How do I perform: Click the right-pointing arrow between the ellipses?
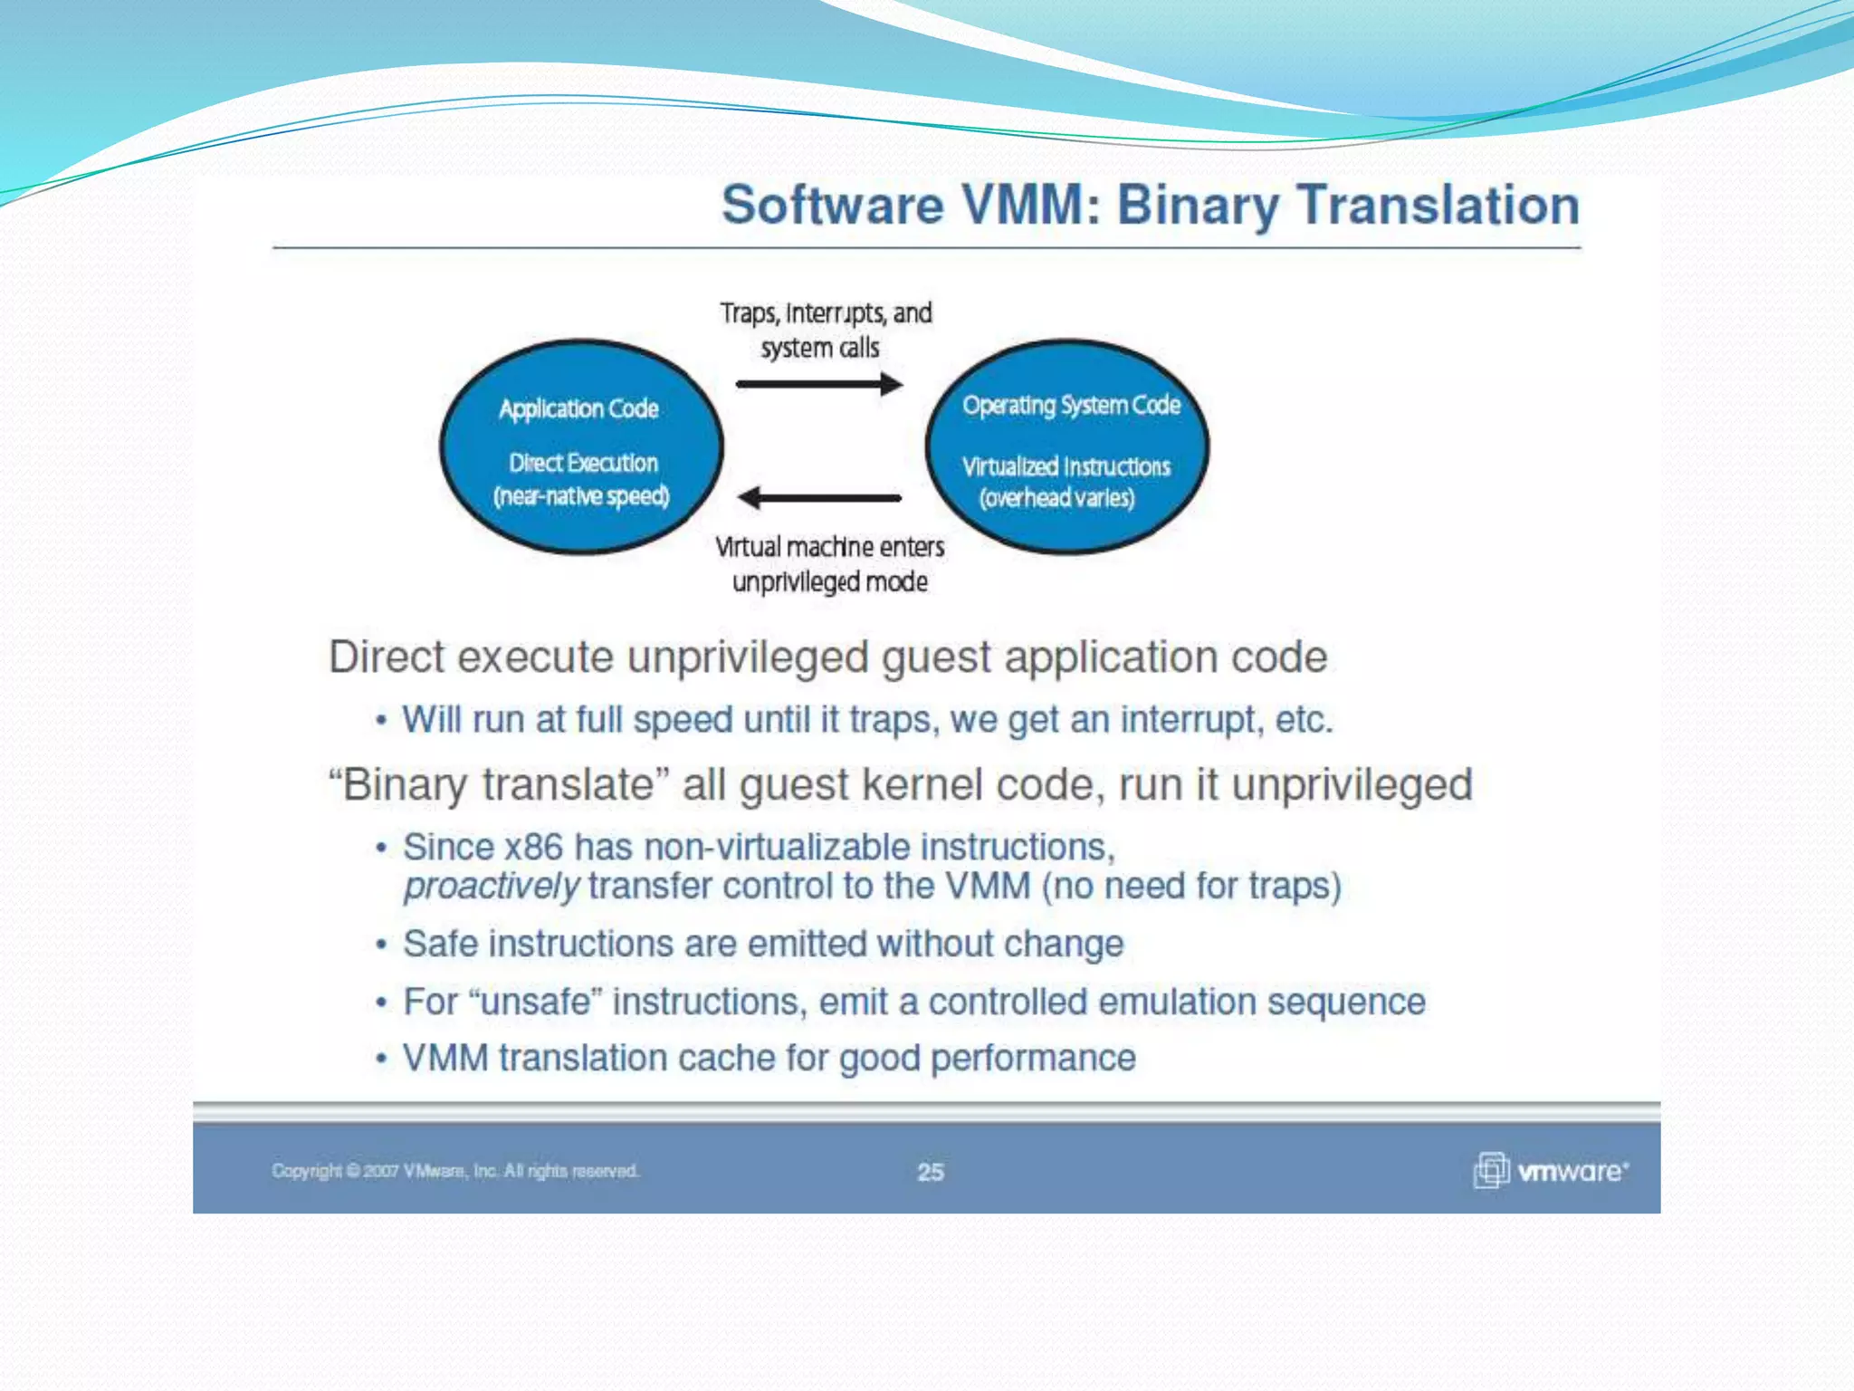point(819,384)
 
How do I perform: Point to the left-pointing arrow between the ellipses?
point(819,497)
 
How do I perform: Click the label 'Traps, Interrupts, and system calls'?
point(825,330)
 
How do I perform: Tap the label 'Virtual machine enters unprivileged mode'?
point(829,563)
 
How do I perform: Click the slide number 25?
point(930,1172)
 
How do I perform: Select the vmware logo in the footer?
point(1551,1170)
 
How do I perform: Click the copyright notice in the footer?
point(455,1171)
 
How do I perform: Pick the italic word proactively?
point(491,887)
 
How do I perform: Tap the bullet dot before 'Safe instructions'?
point(382,945)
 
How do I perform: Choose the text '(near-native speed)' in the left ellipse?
point(581,496)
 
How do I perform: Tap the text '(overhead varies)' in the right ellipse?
point(1056,498)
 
